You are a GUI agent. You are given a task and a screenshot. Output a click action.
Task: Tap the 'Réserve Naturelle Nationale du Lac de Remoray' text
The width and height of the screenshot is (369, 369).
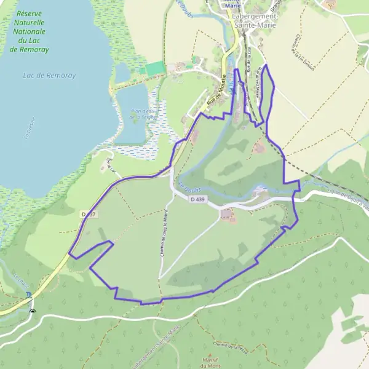pos(33,31)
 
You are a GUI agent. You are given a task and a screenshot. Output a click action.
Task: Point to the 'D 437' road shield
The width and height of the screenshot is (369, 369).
pos(89,214)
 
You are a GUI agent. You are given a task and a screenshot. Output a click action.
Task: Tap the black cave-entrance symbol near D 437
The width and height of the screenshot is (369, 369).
pos(33,311)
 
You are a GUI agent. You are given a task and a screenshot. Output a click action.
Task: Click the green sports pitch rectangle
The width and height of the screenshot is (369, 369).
pos(154,69)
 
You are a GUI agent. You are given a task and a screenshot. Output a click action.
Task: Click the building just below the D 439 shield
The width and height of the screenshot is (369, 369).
pos(228,214)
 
